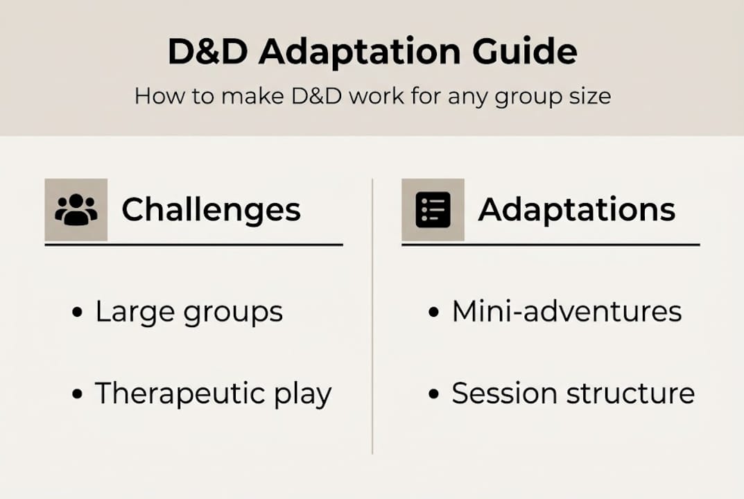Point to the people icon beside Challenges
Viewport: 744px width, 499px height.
[x=76, y=209]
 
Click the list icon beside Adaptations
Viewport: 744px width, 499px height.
[x=433, y=209]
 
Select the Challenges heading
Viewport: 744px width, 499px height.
[x=211, y=209]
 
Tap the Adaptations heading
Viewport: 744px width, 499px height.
[x=576, y=209]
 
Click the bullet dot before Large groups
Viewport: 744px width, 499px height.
[x=77, y=313]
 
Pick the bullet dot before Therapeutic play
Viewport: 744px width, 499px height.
[x=77, y=395]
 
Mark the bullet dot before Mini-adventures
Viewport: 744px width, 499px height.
[x=434, y=313]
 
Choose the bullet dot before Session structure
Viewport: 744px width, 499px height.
[x=434, y=395]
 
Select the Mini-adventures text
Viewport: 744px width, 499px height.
[x=566, y=312]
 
